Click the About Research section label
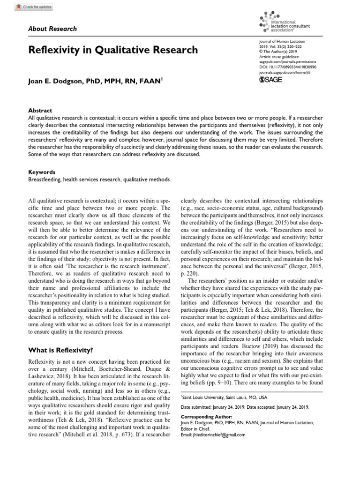pyautogui.click(x=53, y=29)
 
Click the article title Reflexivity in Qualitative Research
pyautogui.click(x=113, y=50)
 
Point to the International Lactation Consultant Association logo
pyautogui.click(x=284, y=21)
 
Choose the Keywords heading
pyautogui.click(x=43, y=172)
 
